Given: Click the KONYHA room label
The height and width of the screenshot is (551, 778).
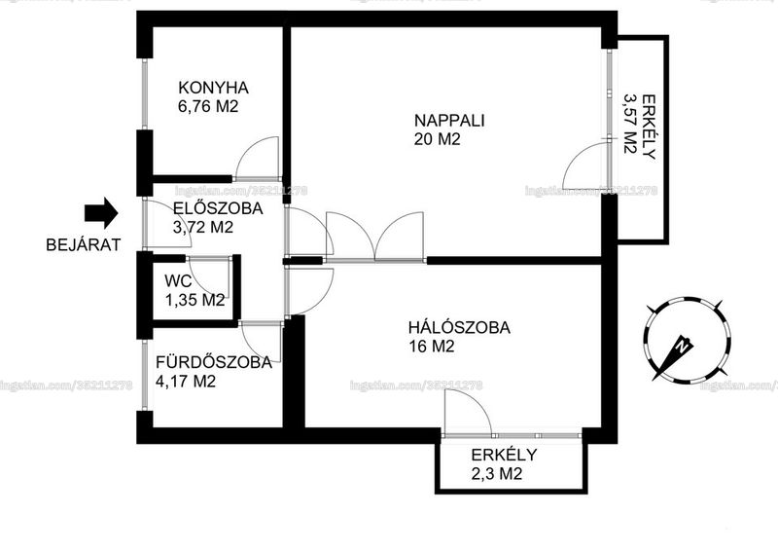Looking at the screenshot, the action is pos(213,88).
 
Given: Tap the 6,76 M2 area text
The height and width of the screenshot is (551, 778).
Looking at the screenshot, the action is pos(208,106).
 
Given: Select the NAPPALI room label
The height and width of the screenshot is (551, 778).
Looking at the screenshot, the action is pos(449,121).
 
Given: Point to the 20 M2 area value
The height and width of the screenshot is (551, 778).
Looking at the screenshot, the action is pos(437,139).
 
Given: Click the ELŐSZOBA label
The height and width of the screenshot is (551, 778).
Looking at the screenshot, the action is pos(218,208).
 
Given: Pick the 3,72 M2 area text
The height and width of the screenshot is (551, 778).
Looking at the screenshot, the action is pos(203,227).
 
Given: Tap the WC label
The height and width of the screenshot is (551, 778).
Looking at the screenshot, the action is pos(178,281).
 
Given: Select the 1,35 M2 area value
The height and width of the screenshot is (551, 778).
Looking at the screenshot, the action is pos(195,300).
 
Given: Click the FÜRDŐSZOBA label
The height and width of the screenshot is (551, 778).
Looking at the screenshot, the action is pos(214,362).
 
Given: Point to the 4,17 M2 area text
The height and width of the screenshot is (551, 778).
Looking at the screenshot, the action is pos(186,382).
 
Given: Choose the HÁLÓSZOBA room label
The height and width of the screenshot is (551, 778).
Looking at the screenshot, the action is pos(459,328).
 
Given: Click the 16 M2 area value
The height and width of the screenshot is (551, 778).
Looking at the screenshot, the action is pos(432,347).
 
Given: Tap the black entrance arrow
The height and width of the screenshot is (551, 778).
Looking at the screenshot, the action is pos(101,212).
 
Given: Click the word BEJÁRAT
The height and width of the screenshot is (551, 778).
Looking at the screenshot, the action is pos(84,245).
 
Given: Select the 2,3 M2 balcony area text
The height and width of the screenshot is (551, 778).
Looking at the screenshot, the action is pos(497,474).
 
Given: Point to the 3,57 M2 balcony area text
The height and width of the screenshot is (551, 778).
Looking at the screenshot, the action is pos(630,124).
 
